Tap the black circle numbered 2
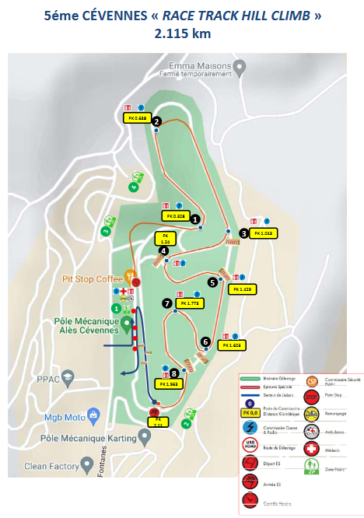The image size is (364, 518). (x=156, y=121)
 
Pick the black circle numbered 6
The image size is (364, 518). (x=205, y=341)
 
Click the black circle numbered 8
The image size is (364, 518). (x=174, y=373)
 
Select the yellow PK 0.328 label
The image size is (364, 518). (x=174, y=215)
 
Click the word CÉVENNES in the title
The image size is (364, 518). (x=97, y=16)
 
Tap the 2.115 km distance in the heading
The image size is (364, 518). (x=183, y=34)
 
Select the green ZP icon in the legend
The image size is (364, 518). (x=312, y=468)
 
